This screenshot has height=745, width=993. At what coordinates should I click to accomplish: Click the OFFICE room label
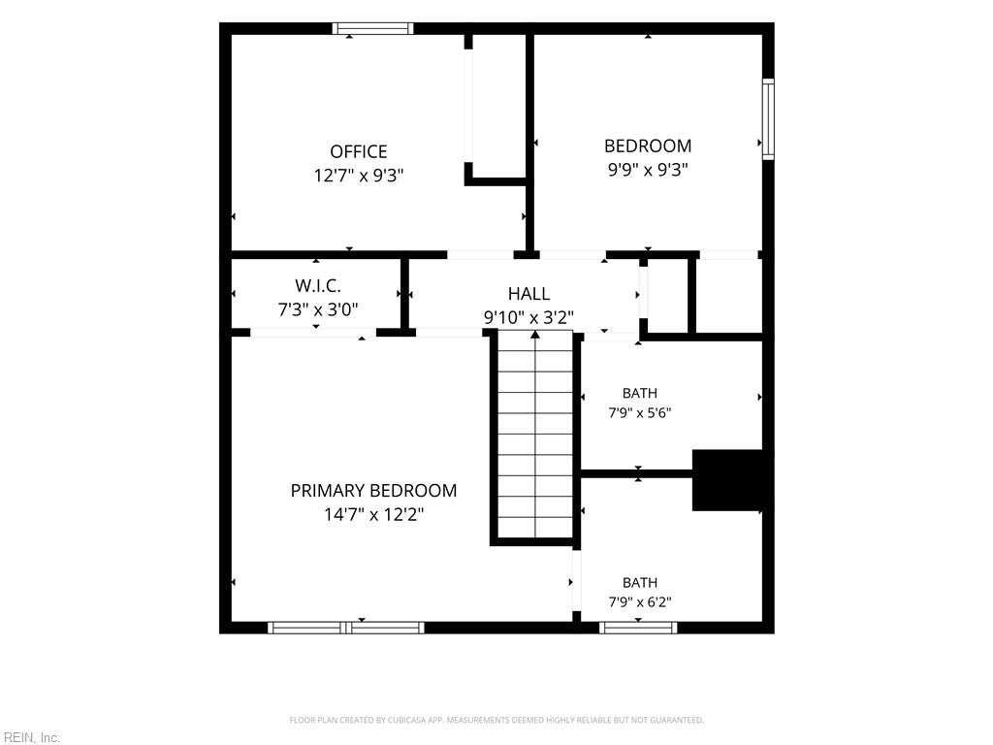(x=359, y=151)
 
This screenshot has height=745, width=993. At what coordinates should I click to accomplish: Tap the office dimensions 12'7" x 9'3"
(x=359, y=176)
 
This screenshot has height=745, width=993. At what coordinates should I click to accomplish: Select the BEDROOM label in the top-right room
(x=647, y=146)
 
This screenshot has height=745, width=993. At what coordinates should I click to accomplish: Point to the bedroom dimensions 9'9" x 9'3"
(x=647, y=170)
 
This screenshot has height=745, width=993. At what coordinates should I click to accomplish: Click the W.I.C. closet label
(x=318, y=286)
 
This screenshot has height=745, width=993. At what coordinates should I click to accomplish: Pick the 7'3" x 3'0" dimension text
(x=318, y=309)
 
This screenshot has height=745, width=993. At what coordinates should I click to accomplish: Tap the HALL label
(x=529, y=293)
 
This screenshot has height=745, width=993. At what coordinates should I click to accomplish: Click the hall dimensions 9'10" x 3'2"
(x=529, y=317)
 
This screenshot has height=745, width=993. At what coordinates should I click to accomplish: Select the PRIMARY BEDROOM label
(x=373, y=490)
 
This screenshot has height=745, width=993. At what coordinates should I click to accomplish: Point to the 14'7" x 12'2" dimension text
(x=373, y=514)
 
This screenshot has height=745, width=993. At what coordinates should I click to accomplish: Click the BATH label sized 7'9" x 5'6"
(x=640, y=393)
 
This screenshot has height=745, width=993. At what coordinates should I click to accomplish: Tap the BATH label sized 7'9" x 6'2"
(x=640, y=582)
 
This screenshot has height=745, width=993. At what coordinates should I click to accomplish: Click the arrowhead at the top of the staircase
(x=535, y=334)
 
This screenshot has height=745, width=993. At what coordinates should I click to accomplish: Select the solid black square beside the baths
(x=727, y=480)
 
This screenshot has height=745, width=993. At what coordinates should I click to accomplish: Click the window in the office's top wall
(x=373, y=28)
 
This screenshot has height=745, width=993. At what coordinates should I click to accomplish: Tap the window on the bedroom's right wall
(x=768, y=119)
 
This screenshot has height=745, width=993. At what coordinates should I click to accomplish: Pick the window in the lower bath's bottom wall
(x=638, y=628)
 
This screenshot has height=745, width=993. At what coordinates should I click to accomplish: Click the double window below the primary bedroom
(x=346, y=628)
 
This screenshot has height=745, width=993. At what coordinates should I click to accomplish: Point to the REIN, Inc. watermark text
(x=30, y=737)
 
